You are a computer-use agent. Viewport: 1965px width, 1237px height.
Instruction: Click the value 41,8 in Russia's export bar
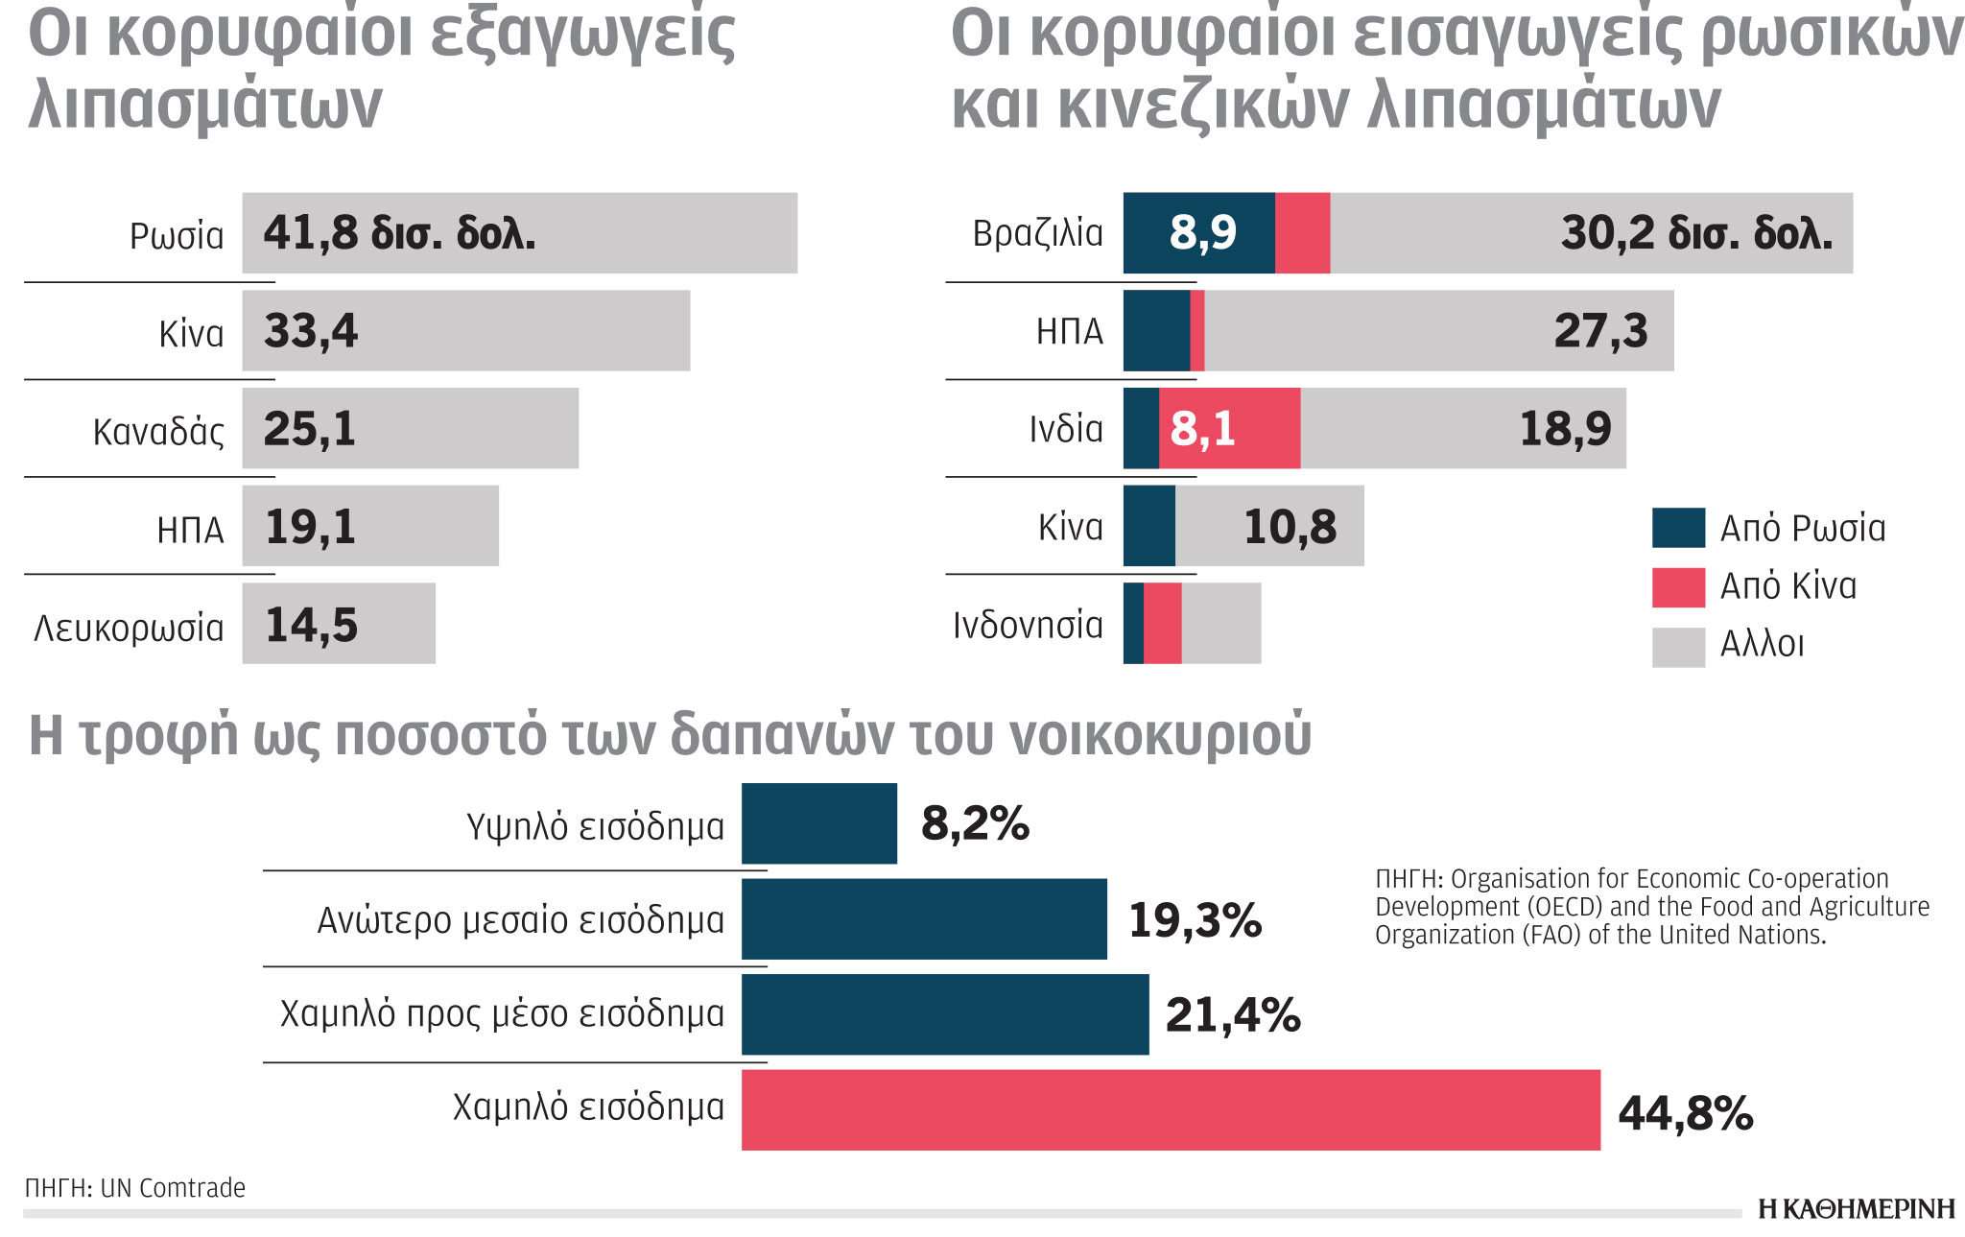[310, 232]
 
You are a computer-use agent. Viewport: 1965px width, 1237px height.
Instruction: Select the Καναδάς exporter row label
[158, 432]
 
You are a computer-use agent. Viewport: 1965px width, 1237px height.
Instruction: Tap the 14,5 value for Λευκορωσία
[311, 625]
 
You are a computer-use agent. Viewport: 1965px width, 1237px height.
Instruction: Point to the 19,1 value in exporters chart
[310, 527]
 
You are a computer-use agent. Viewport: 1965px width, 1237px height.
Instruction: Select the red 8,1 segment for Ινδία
[1230, 428]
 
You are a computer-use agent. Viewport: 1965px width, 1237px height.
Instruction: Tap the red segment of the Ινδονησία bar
[1162, 624]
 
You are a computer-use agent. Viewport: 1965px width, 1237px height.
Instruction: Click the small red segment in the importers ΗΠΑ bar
[1196, 331]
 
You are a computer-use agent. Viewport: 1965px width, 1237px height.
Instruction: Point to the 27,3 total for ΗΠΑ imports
[1599, 331]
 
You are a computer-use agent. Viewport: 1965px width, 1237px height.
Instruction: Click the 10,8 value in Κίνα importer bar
[1289, 527]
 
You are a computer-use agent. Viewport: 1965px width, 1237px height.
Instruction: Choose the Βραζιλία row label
[1037, 233]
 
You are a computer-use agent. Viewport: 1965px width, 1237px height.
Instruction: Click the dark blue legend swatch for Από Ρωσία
[1677, 528]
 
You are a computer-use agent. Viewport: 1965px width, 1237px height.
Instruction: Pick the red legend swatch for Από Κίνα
[1677, 586]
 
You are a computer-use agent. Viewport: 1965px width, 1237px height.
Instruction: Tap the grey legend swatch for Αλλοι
[1677, 646]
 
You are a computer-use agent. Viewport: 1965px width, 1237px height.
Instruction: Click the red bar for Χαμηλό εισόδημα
[1171, 1110]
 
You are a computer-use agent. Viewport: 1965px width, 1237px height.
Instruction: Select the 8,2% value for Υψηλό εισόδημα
[975, 823]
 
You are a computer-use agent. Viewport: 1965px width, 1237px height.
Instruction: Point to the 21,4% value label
[1232, 1015]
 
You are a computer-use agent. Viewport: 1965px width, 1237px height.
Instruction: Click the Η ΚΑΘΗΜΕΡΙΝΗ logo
[1856, 1208]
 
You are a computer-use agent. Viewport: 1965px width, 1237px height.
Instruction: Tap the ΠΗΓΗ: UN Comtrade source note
[135, 1188]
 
